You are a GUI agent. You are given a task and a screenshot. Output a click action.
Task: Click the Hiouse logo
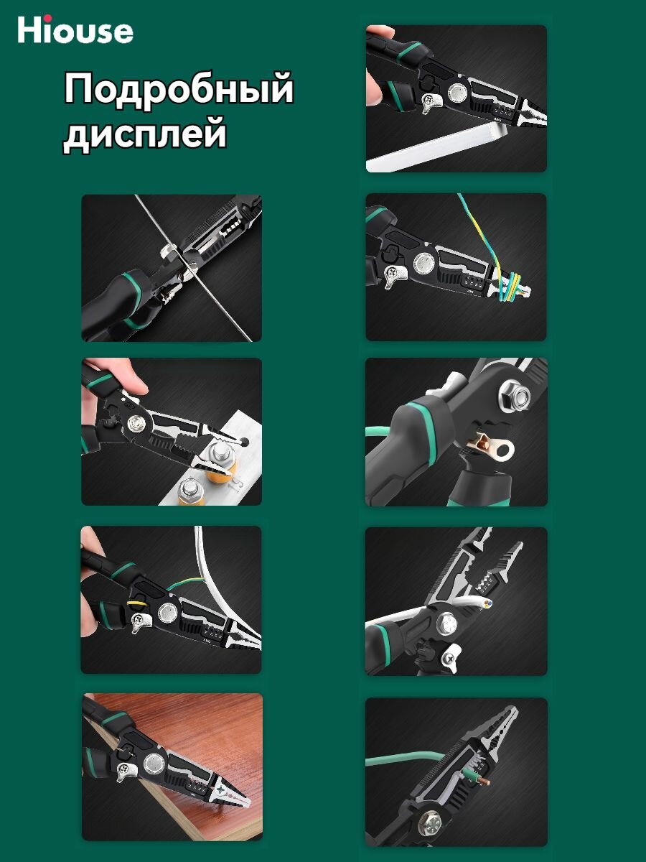75,29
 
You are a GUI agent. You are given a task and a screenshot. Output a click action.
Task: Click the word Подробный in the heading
179,90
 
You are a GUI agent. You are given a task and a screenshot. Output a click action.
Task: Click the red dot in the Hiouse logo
47,18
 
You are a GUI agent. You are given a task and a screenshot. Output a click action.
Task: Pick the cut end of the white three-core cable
487,603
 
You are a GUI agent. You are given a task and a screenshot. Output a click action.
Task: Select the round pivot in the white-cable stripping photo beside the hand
168,612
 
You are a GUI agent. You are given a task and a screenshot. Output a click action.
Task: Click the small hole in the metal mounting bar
245,442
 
